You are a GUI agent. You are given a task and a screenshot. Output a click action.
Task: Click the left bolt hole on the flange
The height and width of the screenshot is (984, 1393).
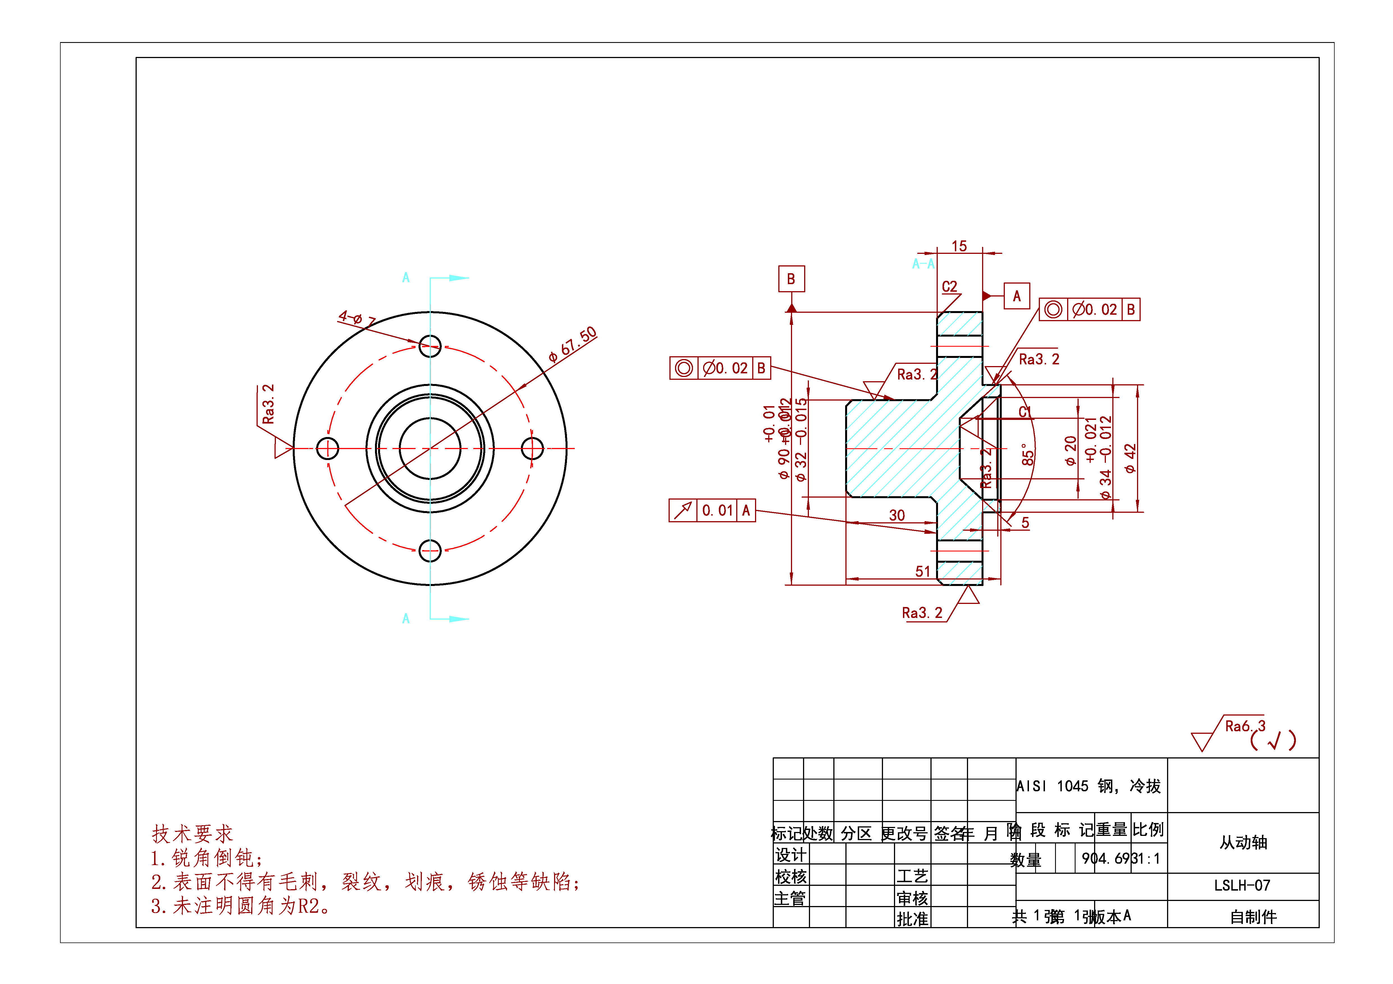point(328,449)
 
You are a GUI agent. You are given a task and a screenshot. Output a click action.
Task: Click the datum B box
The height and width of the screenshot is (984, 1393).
point(791,279)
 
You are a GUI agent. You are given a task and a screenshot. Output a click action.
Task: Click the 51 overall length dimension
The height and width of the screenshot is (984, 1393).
point(922,571)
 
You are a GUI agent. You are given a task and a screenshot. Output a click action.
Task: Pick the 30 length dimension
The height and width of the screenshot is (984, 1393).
point(897,515)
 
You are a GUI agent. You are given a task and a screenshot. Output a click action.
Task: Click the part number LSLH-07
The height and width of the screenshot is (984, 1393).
point(1242,885)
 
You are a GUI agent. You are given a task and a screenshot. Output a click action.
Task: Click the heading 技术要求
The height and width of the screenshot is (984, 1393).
point(192,834)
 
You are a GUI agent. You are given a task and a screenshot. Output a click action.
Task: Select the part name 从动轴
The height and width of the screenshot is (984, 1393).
point(1243,842)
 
